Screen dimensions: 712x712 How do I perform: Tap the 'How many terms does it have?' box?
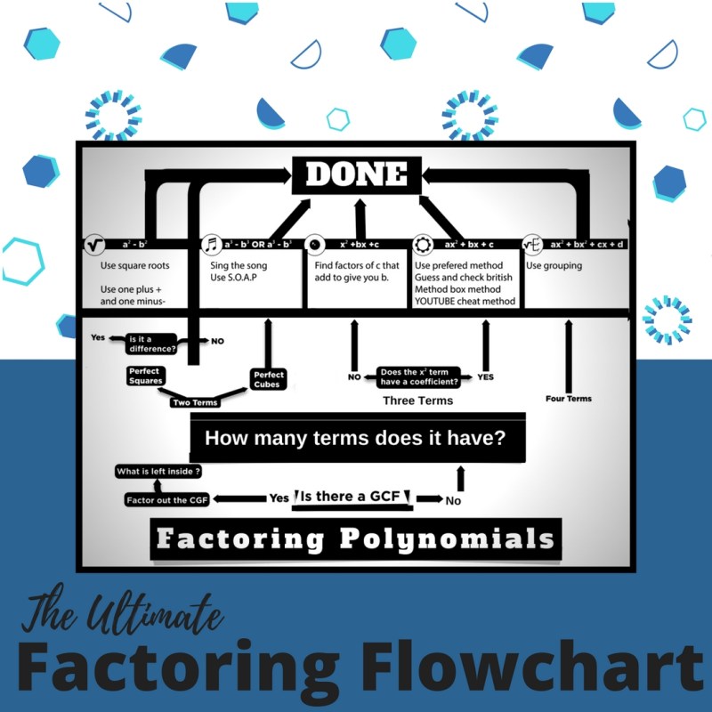[x=356, y=438]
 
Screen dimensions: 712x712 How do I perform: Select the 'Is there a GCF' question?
[x=353, y=497]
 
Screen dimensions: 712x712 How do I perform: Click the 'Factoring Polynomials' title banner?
[x=356, y=539]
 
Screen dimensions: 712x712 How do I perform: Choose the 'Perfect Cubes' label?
[x=268, y=379]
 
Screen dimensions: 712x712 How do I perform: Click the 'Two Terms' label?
[x=195, y=402]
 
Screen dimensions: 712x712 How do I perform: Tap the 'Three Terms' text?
[x=417, y=400]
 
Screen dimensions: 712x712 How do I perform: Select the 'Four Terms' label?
[x=568, y=398]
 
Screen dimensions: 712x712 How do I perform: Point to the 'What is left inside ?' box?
[x=158, y=471]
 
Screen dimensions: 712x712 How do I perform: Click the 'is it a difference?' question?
[x=152, y=343]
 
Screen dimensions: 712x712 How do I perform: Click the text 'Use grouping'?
[x=554, y=265]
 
